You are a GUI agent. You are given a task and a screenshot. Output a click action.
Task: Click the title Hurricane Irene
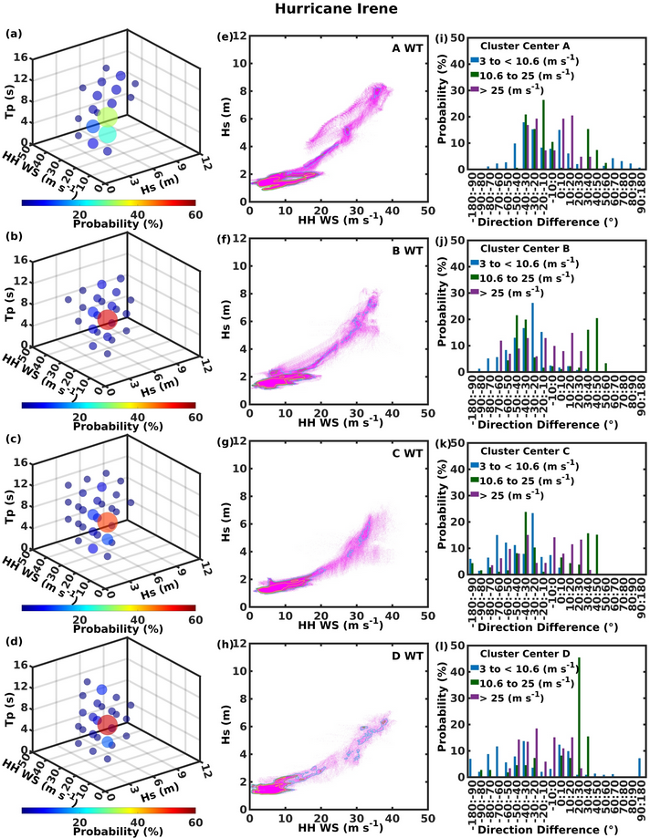coord(324,12)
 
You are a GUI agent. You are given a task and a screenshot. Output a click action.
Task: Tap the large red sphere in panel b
coord(108,320)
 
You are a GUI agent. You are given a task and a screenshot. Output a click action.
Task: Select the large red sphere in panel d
coord(107,725)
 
